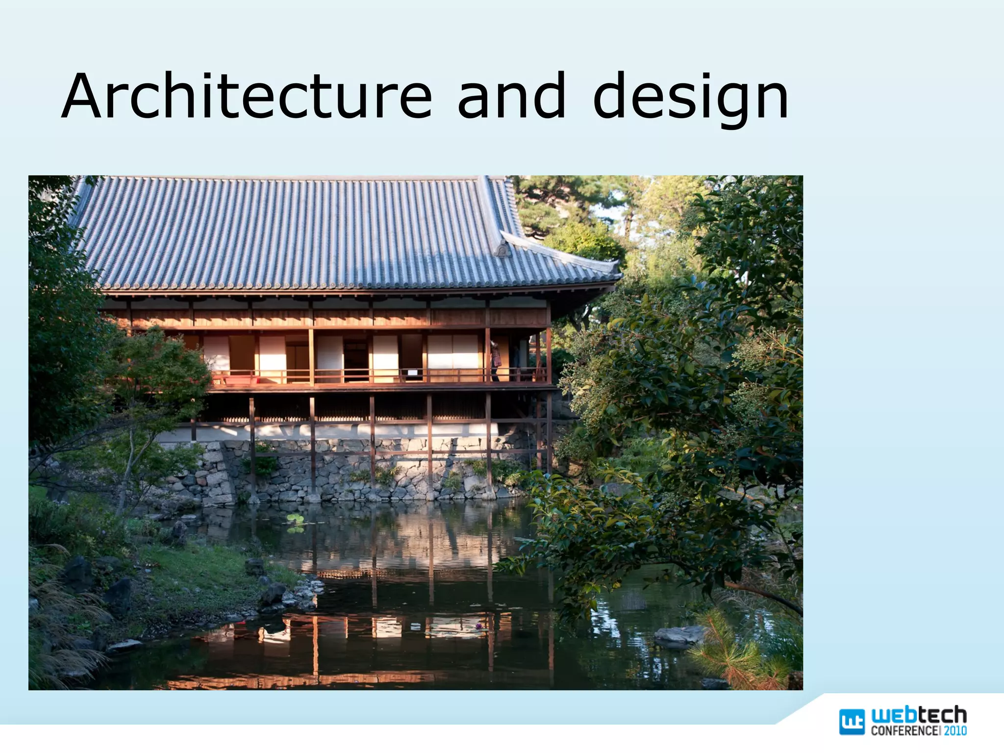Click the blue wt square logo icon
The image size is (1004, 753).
click(x=852, y=722)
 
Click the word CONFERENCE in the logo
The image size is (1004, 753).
click(x=905, y=730)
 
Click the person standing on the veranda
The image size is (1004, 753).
click(x=495, y=360)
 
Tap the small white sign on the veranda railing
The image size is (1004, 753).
click(x=413, y=373)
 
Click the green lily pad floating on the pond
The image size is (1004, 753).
click(x=295, y=520)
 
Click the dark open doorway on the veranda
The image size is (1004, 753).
click(x=355, y=360)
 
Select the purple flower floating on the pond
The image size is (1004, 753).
click(x=478, y=626)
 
